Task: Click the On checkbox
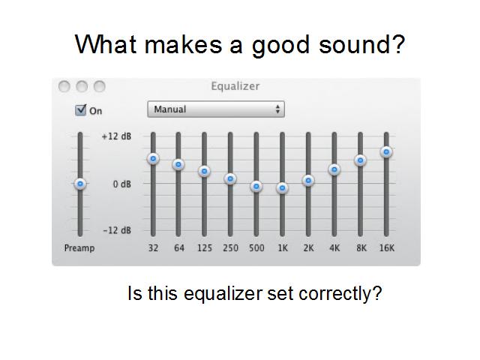tap(81, 110)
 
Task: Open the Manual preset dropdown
tap(216, 109)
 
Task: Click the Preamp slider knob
tap(80, 184)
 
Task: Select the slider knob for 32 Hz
tap(153, 158)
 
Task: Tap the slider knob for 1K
tap(282, 188)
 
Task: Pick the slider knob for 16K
tap(386, 151)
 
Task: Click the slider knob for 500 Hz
tap(256, 186)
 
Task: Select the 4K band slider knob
tap(334, 169)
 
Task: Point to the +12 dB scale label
tap(116, 136)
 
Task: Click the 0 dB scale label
tap(121, 184)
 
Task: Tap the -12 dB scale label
tap(117, 230)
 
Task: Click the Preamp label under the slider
tap(79, 248)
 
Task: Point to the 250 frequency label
tap(230, 248)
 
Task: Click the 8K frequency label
tap(361, 248)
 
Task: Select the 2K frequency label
tap(308, 248)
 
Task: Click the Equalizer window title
tap(235, 86)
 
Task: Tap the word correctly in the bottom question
tap(340, 293)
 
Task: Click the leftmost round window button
tap(64, 86)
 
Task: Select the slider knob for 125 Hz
tap(204, 171)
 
